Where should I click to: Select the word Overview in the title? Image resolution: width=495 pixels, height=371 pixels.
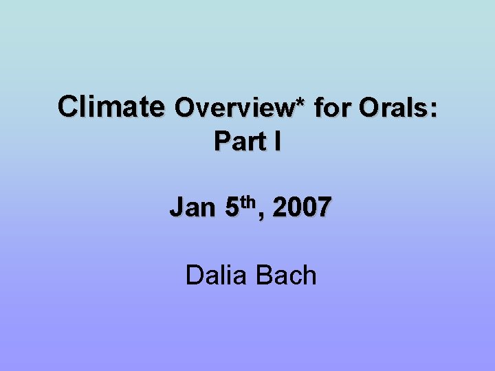click(x=236, y=108)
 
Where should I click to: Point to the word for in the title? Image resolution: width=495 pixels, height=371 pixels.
click(x=330, y=108)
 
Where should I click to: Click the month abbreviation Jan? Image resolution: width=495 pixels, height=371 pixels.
click(x=192, y=207)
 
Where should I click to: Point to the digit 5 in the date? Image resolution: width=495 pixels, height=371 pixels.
click(x=232, y=207)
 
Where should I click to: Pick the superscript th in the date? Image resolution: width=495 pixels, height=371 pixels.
click(x=248, y=201)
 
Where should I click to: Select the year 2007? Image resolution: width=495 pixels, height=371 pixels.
click(x=302, y=207)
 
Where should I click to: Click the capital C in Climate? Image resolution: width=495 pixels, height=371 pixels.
click(x=69, y=107)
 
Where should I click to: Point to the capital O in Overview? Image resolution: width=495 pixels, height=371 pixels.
click(x=185, y=108)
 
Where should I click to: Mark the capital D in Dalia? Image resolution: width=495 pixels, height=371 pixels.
click(x=194, y=275)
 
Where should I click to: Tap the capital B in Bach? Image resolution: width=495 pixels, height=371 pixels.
click(x=263, y=275)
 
